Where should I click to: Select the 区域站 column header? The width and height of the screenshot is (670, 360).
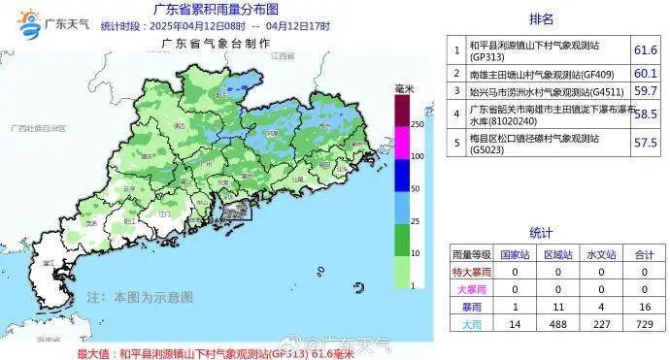[x=555, y=254]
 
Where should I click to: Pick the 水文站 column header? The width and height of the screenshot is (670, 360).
[x=601, y=254]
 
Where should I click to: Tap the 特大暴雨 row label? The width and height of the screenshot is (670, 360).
[x=467, y=272]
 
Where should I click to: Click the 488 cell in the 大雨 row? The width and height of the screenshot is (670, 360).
[x=555, y=323]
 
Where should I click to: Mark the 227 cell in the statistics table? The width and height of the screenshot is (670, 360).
[x=601, y=323]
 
